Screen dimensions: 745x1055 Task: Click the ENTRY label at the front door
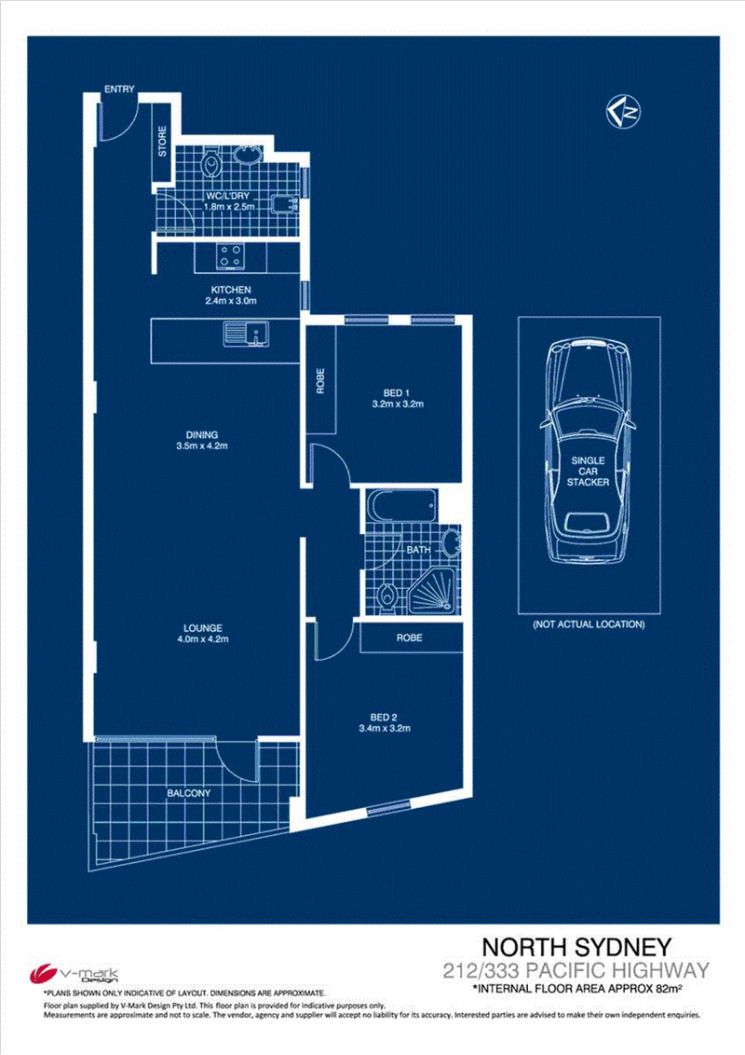tap(119, 89)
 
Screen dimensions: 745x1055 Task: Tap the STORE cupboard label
tap(162, 142)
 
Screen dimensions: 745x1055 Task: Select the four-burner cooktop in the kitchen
tap(230, 256)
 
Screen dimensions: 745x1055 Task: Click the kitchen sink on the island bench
tap(246, 333)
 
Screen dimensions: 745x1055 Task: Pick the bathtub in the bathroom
tap(401, 505)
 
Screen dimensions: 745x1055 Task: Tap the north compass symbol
tap(623, 112)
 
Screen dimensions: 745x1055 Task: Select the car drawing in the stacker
tap(588, 450)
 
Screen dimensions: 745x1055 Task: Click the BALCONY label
tap(189, 793)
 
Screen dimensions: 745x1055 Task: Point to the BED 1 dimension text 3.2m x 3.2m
tap(398, 404)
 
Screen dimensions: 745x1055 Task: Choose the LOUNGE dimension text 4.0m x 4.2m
tap(202, 639)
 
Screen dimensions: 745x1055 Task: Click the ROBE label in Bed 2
tap(410, 637)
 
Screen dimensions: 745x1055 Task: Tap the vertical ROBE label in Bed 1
tap(320, 381)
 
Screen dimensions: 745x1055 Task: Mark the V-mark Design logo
tap(74, 974)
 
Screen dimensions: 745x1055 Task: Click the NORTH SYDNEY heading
tap(576, 947)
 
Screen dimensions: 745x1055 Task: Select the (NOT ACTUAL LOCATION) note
tap(589, 624)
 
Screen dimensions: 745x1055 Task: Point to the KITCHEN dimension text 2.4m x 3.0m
tap(231, 301)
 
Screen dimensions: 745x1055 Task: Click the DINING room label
tap(202, 434)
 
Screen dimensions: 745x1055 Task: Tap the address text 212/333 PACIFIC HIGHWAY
tap(576, 971)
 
